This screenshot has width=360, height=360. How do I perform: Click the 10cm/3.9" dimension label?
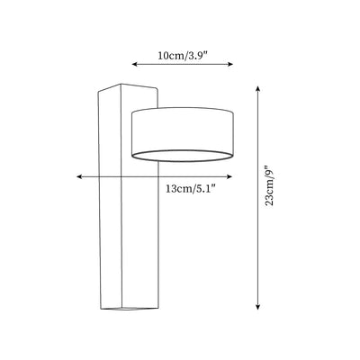[x=183, y=56]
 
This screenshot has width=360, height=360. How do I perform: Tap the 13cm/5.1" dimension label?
[x=191, y=189]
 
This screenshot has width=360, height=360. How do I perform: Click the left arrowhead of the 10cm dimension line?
[x=135, y=64]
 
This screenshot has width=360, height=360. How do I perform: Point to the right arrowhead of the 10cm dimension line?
[x=230, y=64]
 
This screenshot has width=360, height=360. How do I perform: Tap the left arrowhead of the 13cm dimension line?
[x=79, y=177]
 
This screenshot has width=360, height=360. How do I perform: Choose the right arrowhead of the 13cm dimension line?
[x=229, y=177]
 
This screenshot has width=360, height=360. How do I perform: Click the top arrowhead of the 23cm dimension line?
[x=257, y=89]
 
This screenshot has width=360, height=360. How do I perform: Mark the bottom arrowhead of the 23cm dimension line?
[x=257, y=306]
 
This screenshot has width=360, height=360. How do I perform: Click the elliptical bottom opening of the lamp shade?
[x=182, y=161]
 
